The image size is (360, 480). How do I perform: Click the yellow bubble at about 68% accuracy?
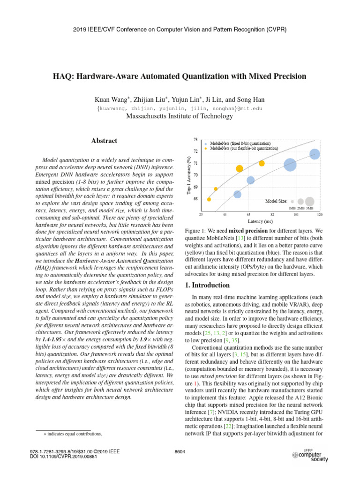click(x=209, y=199)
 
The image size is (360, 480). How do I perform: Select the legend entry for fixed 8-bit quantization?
click(x=240, y=143)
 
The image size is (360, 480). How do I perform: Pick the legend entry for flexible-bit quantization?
click(x=244, y=148)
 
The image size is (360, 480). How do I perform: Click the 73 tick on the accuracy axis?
click(x=195, y=140)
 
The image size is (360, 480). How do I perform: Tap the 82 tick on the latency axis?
click(x=272, y=214)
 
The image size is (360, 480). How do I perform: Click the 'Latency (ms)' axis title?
click(x=260, y=221)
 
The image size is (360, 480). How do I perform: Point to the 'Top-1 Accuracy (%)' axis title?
click(x=188, y=175)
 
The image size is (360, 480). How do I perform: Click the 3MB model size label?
click(x=309, y=208)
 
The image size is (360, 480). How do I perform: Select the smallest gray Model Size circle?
click(x=292, y=201)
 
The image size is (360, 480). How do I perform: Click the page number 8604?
click(x=180, y=451)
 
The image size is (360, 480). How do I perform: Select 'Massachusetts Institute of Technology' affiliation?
click(x=180, y=116)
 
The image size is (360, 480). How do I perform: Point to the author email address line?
click(x=180, y=108)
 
